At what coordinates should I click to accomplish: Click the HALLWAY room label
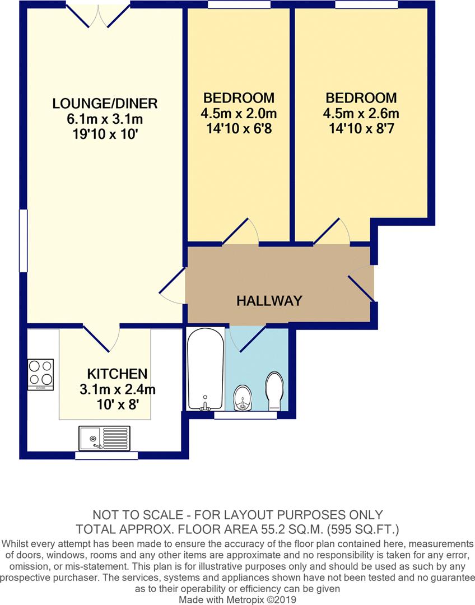click(269, 301)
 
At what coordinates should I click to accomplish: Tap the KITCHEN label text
click(117, 374)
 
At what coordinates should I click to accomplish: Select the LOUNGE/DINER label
click(105, 104)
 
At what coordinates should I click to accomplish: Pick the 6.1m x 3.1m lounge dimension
click(105, 119)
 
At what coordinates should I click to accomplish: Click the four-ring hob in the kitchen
click(40, 374)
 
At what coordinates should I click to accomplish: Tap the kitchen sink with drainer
click(105, 438)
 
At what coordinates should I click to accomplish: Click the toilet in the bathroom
click(273, 391)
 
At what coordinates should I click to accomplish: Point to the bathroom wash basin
click(241, 398)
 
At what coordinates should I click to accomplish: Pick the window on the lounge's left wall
click(22, 241)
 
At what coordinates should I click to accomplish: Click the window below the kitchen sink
click(106, 455)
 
